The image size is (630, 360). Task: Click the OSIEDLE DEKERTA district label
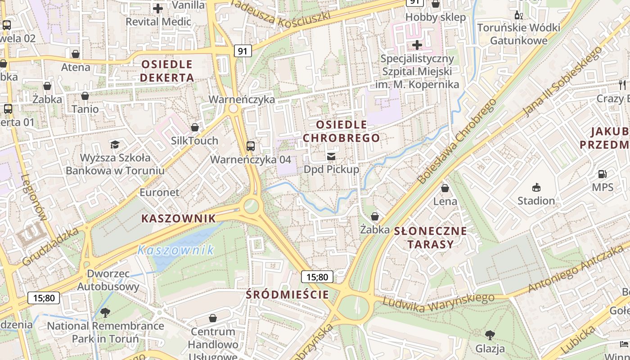(167, 71)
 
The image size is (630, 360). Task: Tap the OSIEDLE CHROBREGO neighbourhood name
(341, 131)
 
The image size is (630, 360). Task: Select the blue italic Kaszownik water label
(175, 250)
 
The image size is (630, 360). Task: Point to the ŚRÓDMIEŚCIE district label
(288, 295)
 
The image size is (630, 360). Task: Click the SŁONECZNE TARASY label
(431, 238)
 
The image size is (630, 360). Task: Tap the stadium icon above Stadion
(536, 187)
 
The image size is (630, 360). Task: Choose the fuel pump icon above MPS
(602, 174)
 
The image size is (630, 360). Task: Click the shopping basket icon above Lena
(445, 188)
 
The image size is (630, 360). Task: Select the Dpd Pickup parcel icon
(331, 156)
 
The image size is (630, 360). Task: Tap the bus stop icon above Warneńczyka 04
(251, 146)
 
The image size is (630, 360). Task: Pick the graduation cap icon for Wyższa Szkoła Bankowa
(115, 144)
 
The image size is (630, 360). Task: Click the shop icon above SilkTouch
(195, 127)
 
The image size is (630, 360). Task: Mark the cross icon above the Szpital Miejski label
(417, 45)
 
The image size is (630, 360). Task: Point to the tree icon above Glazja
(490, 335)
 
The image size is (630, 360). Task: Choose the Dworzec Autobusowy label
(108, 280)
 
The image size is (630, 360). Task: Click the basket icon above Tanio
(85, 96)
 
